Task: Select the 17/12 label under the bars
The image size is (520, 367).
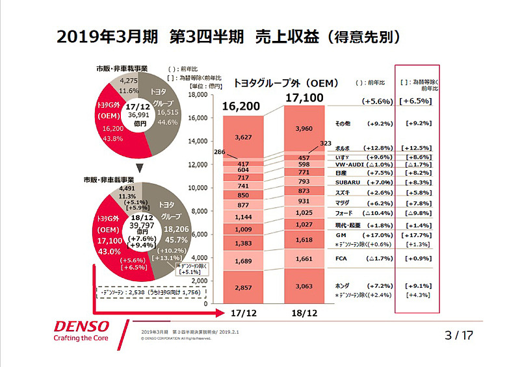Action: [243, 314]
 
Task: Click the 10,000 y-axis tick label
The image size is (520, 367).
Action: [196, 188]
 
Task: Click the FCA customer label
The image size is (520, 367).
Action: [341, 258]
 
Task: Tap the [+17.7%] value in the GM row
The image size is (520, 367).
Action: [418, 234]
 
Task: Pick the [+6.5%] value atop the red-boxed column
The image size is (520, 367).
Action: [418, 101]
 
